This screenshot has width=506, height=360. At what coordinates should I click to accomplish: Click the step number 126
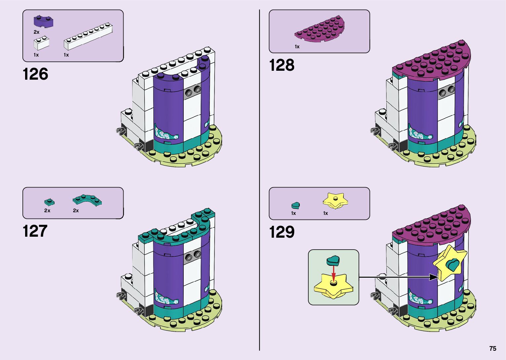[35, 74]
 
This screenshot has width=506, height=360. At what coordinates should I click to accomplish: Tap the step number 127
[35, 231]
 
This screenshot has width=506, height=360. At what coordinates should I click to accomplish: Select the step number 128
[282, 65]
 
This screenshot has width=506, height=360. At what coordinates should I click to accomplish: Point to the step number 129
[282, 232]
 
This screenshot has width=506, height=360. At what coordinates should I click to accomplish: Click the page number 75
[492, 348]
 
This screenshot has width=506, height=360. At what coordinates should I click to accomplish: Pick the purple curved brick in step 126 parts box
[43, 21]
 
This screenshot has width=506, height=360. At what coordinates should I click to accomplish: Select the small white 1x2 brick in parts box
[41, 43]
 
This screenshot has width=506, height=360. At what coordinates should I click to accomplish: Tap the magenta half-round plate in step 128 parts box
[320, 30]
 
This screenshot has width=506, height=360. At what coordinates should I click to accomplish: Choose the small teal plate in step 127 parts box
[49, 201]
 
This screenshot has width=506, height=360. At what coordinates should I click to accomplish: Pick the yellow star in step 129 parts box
[335, 201]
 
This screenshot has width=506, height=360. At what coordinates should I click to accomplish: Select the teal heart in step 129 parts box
[295, 205]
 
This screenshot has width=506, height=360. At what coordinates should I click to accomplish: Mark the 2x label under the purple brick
[36, 32]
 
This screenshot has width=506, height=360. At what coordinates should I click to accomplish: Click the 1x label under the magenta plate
[297, 47]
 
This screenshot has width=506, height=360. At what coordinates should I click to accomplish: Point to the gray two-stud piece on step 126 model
[193, 91]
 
